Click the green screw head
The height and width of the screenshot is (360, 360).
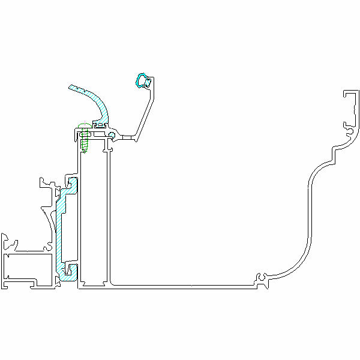[83, 127]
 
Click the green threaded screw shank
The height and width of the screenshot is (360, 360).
[85, 142]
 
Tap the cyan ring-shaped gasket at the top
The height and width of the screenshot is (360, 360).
[142, 79]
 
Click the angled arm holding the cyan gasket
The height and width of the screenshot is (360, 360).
[144, 114]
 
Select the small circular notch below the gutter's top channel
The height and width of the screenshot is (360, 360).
[348, 127]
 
